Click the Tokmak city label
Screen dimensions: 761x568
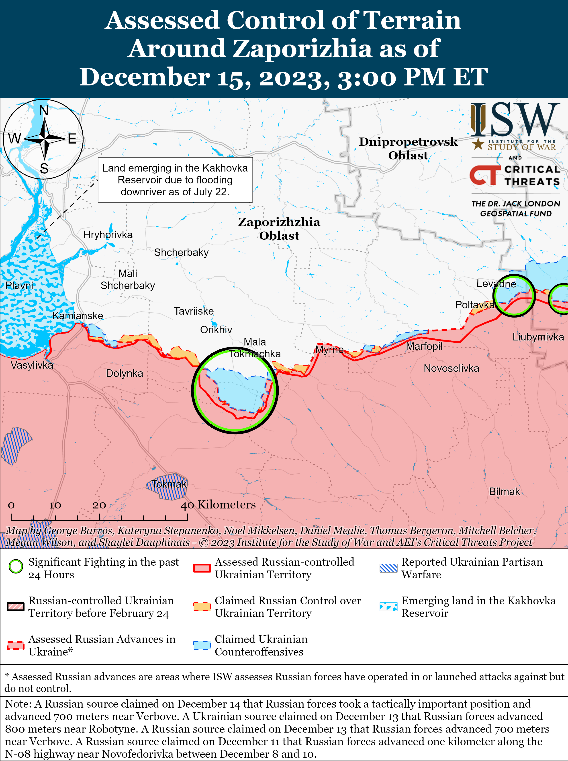(x=169, y=484)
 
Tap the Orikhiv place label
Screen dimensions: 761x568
(x=216, y=330)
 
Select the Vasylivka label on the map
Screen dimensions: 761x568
(x=32, y=365)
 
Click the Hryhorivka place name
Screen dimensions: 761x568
(x=108, y=235)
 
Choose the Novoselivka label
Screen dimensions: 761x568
(x=451, y=368)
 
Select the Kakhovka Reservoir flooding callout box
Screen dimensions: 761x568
(x=175, y=180)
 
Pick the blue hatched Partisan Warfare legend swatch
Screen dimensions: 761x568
(x=388, y=568)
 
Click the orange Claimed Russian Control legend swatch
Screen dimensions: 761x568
(x=202, y=607)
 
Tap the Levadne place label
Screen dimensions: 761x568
(x=496, y=284)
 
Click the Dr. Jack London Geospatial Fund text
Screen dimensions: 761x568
(x=515, y=208)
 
